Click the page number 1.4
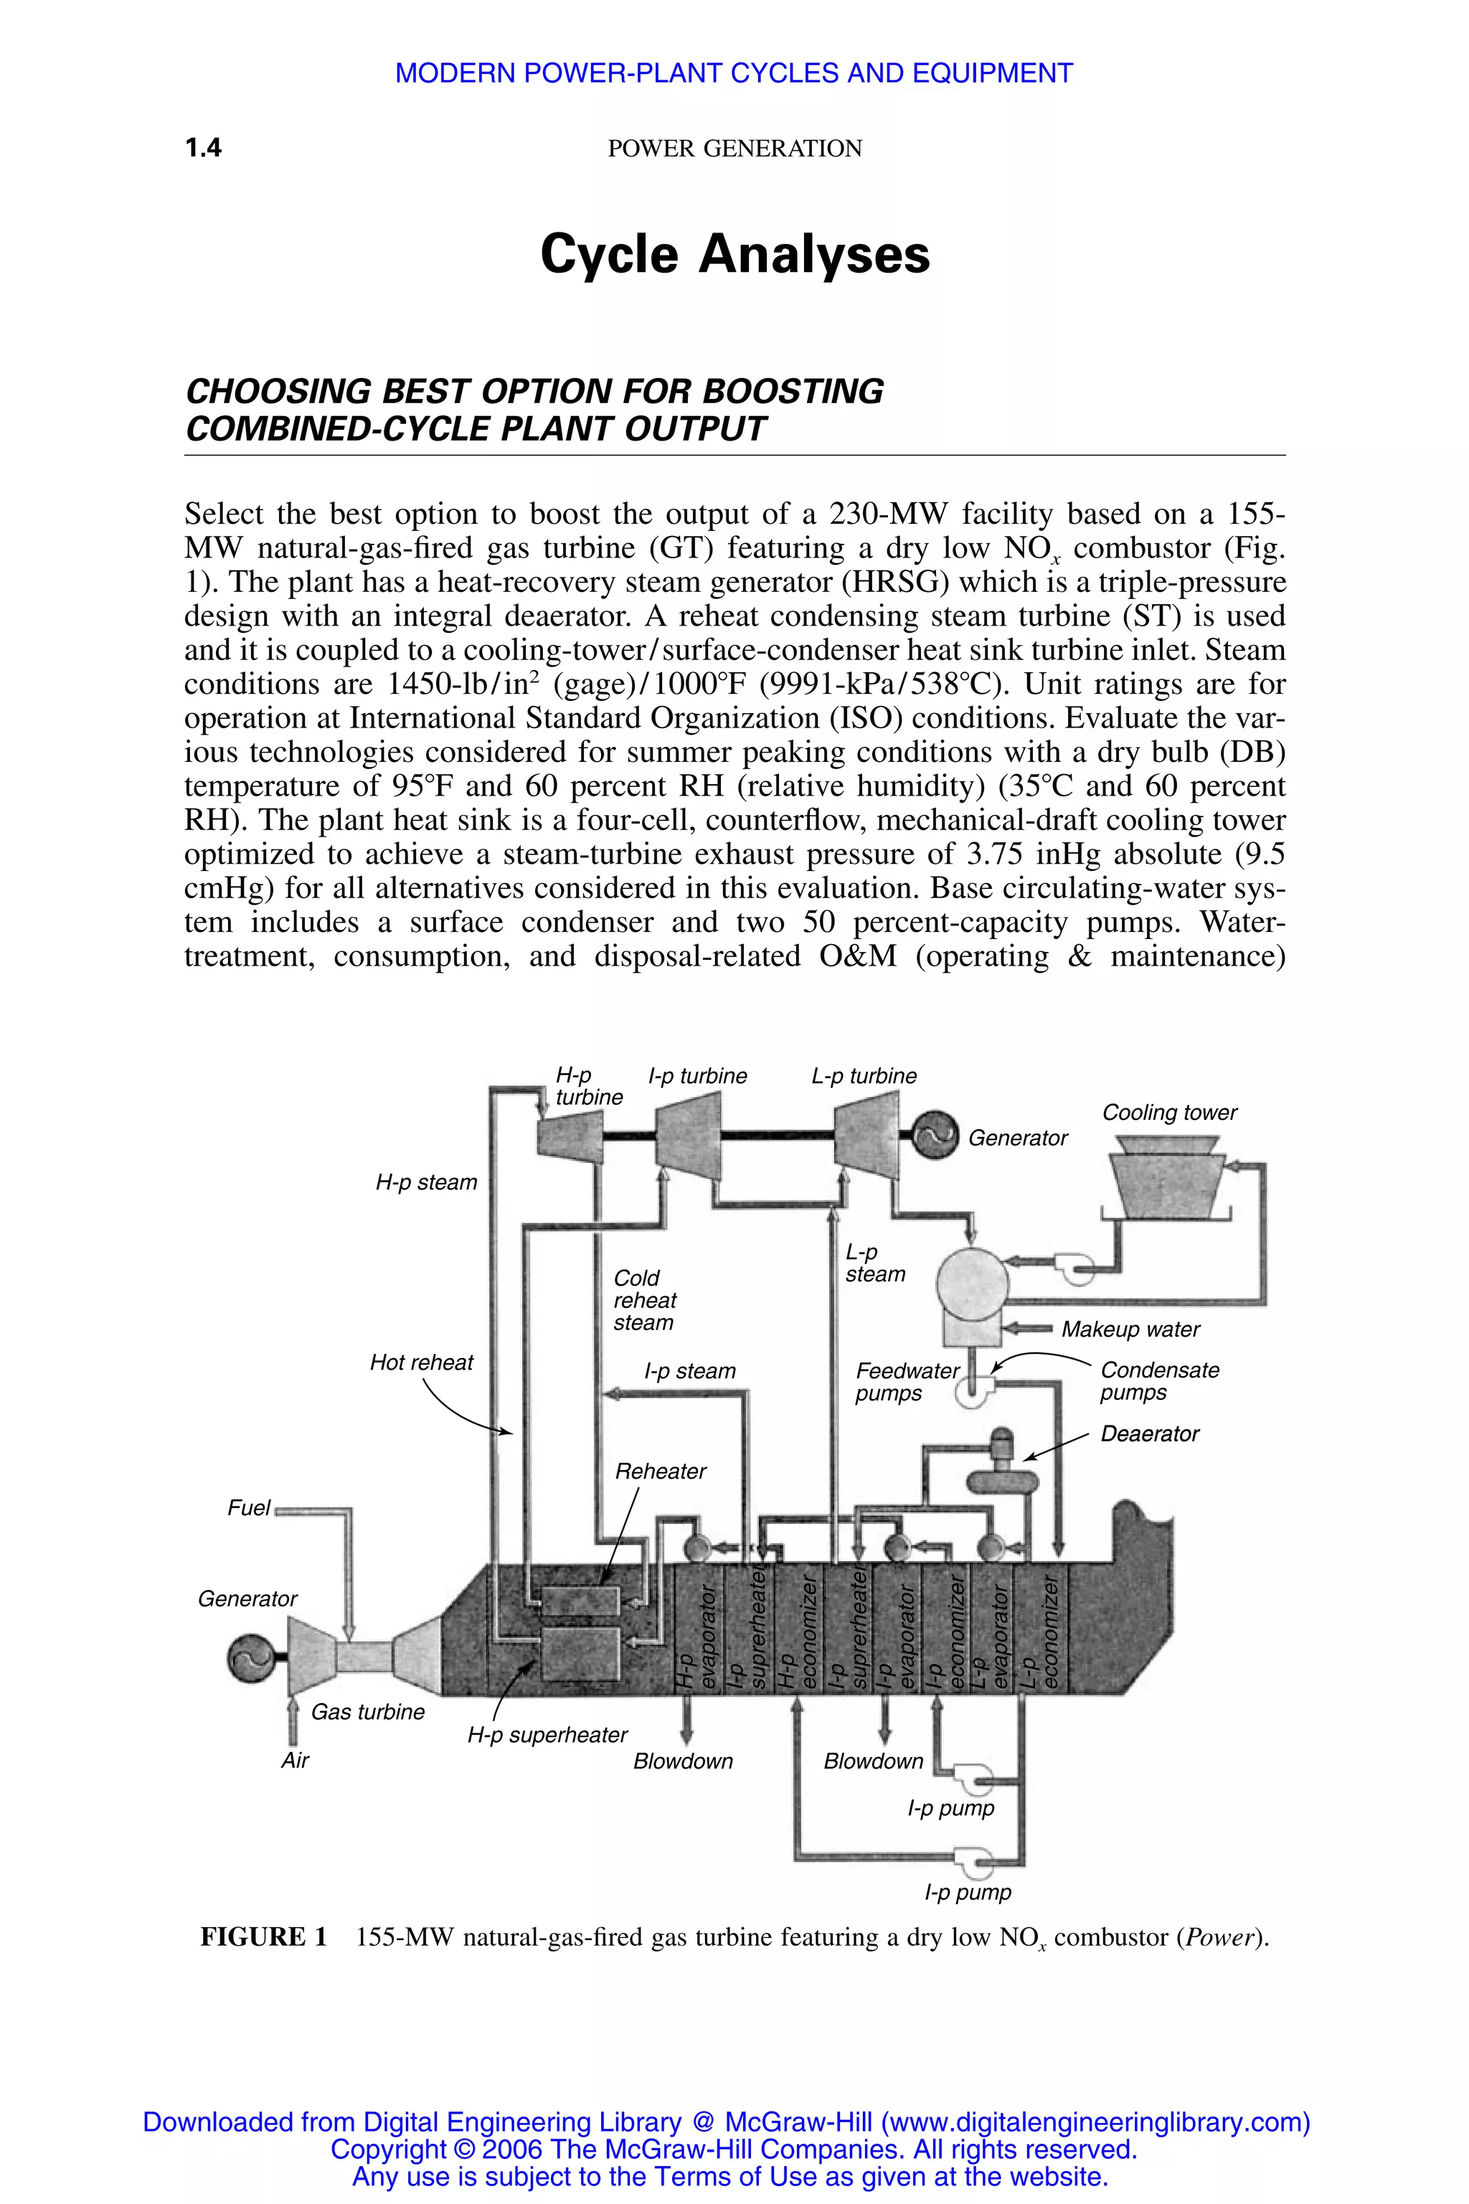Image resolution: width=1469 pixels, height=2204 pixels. (203, 148)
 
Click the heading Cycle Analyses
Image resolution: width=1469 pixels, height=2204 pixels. (734, 255)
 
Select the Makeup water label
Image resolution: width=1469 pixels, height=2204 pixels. (1130, 1329)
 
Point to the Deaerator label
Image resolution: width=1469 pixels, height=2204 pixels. (1150, 1433)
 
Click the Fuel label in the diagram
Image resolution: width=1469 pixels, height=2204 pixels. (248, 1508)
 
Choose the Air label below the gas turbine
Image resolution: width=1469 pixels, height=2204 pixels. (295, 1761)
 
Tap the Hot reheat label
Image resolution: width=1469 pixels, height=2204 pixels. (422, 1362)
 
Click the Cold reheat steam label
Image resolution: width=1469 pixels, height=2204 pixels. (645, 1301)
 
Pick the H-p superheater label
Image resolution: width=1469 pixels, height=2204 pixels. (547, 1736)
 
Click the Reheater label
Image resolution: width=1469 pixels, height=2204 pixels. (661, 1471)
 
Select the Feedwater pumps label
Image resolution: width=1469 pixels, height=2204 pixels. (906, 1383)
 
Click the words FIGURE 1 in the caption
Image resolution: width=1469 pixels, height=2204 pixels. (263, 1937)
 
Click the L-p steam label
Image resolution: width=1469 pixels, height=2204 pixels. (874, 1263)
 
